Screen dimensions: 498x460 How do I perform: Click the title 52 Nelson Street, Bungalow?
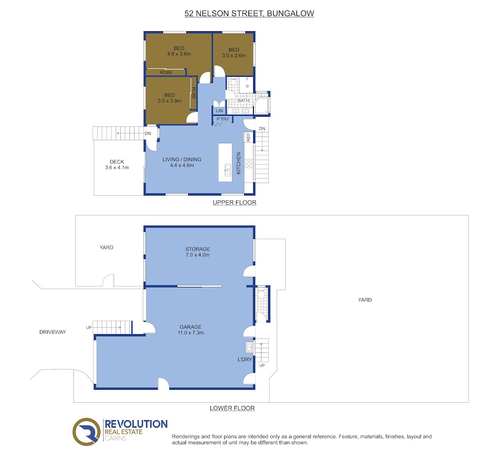tap(249, 14)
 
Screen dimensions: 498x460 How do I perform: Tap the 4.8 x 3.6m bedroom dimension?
tap(179, 54)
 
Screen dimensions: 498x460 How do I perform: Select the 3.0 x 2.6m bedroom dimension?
tap(234, 56)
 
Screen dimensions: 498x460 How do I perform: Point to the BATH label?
tap(243, 100)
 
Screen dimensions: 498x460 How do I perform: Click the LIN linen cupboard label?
tap(219, 111)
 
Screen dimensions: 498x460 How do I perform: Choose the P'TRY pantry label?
tap(223, 119)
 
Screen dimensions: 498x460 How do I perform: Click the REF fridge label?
tap(248, 137)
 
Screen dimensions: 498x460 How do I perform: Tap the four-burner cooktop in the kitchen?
tap(249, 164)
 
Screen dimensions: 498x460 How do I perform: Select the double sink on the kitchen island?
tap(227, 170)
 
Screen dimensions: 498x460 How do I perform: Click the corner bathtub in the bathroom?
tap(261, 106)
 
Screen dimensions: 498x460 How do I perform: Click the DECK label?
tap(117, 162)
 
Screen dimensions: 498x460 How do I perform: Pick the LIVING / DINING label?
tap(182, 159)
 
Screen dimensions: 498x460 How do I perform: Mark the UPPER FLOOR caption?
tap(234, 203)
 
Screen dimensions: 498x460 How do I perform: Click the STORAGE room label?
tap(198, 249)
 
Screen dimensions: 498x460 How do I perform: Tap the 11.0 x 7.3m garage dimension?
tap(190, 333)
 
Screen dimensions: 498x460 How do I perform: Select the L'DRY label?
tap(245, 360)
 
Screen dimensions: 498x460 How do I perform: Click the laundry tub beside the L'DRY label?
tap(249, 347)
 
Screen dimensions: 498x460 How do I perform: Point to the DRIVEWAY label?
tap(53, 332)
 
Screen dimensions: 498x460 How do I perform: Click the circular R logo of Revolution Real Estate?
tap(86, 432)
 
